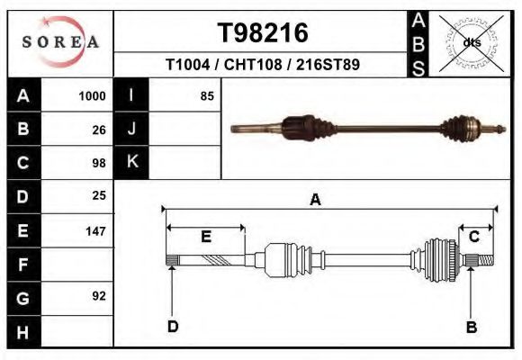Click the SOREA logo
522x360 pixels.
click(x=60, y=42)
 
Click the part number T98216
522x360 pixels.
click(x=263, y=33)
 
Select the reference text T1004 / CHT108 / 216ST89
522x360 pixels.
click(x=263, y=66)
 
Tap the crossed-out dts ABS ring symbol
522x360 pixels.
click(x=472, y=42)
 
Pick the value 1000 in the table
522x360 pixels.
click(x=93, y=96)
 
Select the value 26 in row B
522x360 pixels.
click(x=99, y=130)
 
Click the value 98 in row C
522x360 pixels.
click(x=99, y=163)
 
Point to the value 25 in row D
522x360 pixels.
click(x=99, y=195)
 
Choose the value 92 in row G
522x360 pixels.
click(x=99, y=296)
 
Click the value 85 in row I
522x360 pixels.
click(x=207, y=96)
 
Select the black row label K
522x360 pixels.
click(x=132, y=163)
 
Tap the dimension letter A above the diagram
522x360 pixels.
click(x=316, y=200)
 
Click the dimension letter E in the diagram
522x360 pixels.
click(x=206, y=237)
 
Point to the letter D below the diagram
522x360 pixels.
click(x=173, y=327)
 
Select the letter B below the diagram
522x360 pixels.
click(x=471, y=327)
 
